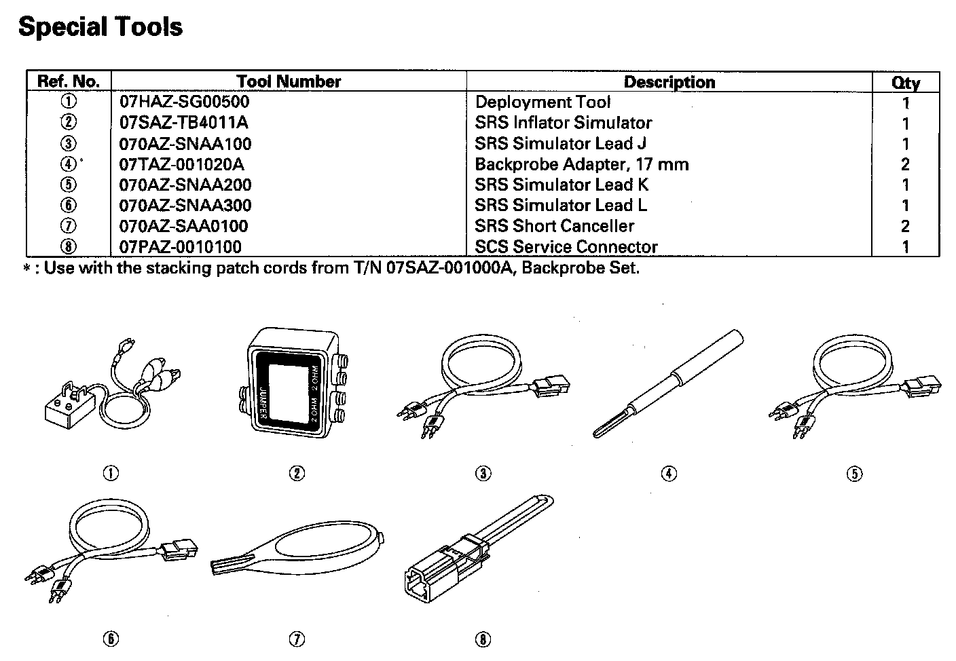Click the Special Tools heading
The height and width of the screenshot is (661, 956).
click(100, 27)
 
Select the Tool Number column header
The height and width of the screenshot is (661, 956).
click(289, 81)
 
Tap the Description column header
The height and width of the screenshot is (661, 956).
click(669, 82)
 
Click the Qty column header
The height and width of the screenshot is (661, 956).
click(905, 83)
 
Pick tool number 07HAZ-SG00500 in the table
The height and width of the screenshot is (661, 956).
click(184, 102)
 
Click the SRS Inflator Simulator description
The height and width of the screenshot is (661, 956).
click(563, 123)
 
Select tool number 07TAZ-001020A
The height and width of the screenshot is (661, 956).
click(181, 164)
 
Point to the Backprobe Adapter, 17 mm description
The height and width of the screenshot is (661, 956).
click(581, 164)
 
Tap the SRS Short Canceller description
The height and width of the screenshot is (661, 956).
click(554, 226)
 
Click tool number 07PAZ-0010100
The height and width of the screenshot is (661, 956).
click(180, 246)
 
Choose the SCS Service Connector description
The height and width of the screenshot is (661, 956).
click(566, 246)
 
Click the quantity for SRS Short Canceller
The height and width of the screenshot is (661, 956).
click(905, 226)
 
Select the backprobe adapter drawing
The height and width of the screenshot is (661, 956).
click(669, 383)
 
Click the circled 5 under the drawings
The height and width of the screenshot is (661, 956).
click(854, 474)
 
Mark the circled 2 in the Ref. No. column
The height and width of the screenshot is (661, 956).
click(69, 123)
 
